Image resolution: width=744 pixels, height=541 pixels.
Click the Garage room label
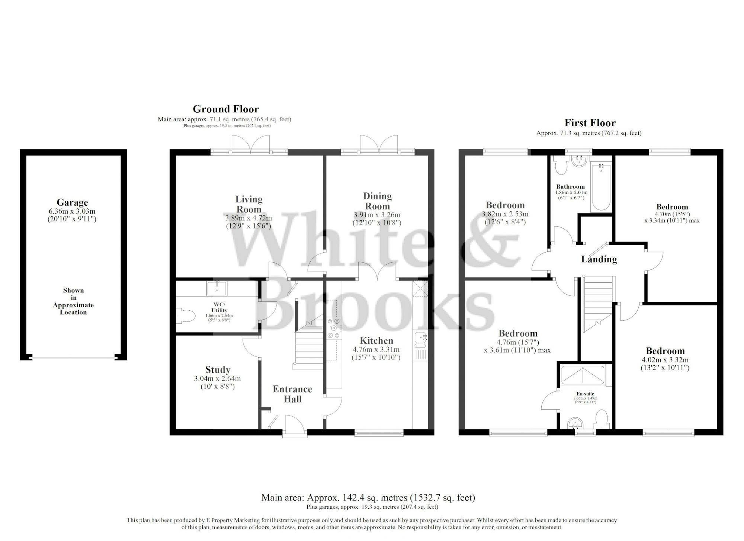(72, 202)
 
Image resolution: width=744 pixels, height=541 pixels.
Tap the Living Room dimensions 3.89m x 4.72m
(248, 218)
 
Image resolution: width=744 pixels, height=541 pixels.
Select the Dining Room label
(377, 201)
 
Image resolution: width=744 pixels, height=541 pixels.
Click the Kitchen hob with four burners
(333, 328)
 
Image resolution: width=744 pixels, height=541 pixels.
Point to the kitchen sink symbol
(421, 339)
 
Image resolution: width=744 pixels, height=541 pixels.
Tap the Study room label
(218, 369)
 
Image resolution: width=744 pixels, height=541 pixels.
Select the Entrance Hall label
(292, 394)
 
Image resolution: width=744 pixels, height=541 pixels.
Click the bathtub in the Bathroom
(601, 187)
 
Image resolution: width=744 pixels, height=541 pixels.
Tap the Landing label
(599, 259)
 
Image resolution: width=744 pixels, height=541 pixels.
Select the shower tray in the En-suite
(583, 375)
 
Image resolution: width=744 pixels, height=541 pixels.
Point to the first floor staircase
(597, 303)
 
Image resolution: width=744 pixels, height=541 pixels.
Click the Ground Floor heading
(225, 109)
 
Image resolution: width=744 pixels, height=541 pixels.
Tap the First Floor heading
(590, 123)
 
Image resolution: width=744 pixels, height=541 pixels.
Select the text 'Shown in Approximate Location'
(73, 301)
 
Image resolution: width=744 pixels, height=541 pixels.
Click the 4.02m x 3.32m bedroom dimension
(665, 360)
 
